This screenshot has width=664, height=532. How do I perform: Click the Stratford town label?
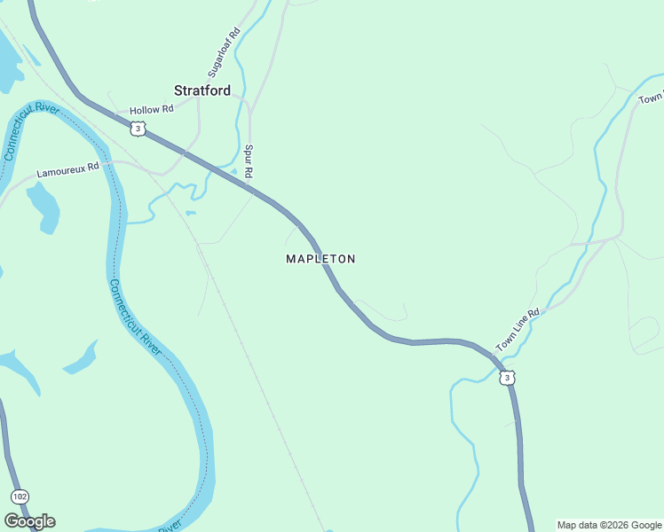[x=202, y=90]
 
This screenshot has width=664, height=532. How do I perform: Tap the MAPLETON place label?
[x=320, y=259]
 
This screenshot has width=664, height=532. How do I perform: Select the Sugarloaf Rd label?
[x=224, y=52]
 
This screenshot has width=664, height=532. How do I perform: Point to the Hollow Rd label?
[x=151, y=110]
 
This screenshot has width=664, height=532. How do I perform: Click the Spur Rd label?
[x=249, y=160]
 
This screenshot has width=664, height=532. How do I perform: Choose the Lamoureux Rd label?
[x=67, y=170]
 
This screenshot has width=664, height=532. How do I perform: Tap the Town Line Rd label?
[x=518, y=329]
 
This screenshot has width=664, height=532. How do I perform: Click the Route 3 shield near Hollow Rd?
[x=137, y=129]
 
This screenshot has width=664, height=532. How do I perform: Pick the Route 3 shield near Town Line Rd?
[x=506, y=379]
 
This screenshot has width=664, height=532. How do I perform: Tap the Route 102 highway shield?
[x=20, y=497]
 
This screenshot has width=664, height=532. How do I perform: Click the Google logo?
[x=29, y=521]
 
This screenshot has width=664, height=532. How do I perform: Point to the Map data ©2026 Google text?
[x=610, y=525]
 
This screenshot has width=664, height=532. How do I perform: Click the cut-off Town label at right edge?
[x=651, y=97]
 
